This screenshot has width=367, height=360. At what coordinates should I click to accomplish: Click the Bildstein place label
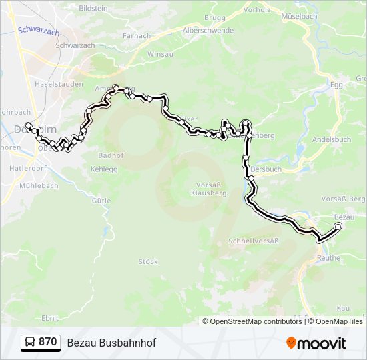[x=93, y=9]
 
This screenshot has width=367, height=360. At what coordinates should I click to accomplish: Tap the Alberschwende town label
[x=189, y=31]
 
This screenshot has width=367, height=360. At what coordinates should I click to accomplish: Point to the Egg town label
[x=337, y=85]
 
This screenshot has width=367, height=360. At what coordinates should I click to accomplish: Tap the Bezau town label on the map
[x=344, y=217]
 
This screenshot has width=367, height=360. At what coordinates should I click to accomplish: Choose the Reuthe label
[x=328, y=258]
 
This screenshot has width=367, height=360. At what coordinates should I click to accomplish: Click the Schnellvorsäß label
[x=253, y=240]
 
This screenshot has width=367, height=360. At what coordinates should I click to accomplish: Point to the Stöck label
[x=147, y=261]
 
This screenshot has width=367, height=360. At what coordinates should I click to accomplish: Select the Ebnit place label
[x=49, y=318]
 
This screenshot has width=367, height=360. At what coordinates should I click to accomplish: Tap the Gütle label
[x=101, y=200]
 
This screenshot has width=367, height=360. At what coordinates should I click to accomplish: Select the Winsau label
[x=159, y=53]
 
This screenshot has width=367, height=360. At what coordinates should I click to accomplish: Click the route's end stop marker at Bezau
[x=338, y=227]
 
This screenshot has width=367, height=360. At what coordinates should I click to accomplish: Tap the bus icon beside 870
[x=30, y=343]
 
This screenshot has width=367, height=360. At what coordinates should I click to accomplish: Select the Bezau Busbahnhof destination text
[x=111, y=343]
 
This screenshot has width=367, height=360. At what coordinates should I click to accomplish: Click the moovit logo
[x=316, y=343]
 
